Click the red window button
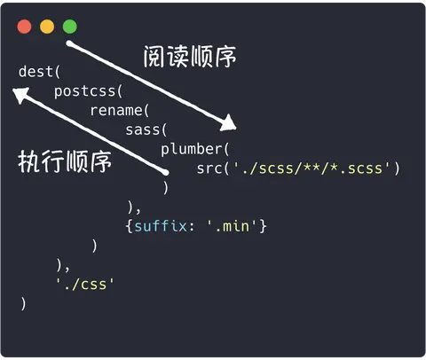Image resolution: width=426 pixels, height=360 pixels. coord(25,27)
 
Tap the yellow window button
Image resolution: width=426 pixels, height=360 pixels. coord(47,27)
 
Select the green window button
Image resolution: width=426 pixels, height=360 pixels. coord(70,27)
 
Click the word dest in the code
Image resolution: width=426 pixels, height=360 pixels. coord(35,72)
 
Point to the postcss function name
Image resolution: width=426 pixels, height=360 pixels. coord(84,91)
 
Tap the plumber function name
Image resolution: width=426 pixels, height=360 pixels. coord(192,149)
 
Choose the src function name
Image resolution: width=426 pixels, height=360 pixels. coord(209,168)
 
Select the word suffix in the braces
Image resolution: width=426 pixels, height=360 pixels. coord(161,226)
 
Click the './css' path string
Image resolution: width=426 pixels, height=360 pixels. coord(85,285)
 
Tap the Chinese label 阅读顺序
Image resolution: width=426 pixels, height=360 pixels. coord(190,57)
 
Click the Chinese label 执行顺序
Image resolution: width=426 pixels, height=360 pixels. coord(65,161)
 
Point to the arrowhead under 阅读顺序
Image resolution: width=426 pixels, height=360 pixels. coord(229,123)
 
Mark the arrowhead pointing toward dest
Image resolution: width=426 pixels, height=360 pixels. coord(20,95)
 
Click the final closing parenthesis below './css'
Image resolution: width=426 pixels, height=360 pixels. coord(23,304)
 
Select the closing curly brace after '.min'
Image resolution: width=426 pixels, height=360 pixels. coord(263,227)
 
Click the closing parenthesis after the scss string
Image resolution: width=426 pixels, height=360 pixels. coord(397,168)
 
